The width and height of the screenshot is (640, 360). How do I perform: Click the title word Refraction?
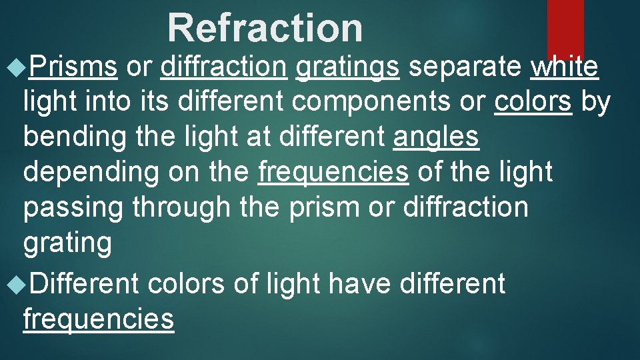pyautogui.click(x=265, y=28)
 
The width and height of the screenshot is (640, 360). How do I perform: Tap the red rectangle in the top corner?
pyautogui.click(x=565, y=27)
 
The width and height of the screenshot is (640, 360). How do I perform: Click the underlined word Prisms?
pyautogui.click(x=74, y=67)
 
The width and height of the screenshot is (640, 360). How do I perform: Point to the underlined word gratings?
pyautogui.click(x=347, y=67)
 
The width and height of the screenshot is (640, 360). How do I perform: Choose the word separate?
pyautogui.click(x=464, y=67)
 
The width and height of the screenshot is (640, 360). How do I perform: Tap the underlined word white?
pyautogui.click(x=565, y=67)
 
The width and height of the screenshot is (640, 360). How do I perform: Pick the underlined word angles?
pyautogui.click(x=436, y=137)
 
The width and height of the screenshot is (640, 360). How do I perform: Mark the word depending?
pyautogui.click(x=91, y=172)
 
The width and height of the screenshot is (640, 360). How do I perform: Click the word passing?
pyautogui.click(x=73, y=207)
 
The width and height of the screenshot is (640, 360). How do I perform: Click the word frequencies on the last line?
pyautogui.click(x=99, y=319)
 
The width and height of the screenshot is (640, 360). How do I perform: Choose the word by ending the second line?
pyautogui.click(x=595, y=102)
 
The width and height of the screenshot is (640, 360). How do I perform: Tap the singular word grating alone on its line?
pyautogui.click(x=67, y=243)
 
